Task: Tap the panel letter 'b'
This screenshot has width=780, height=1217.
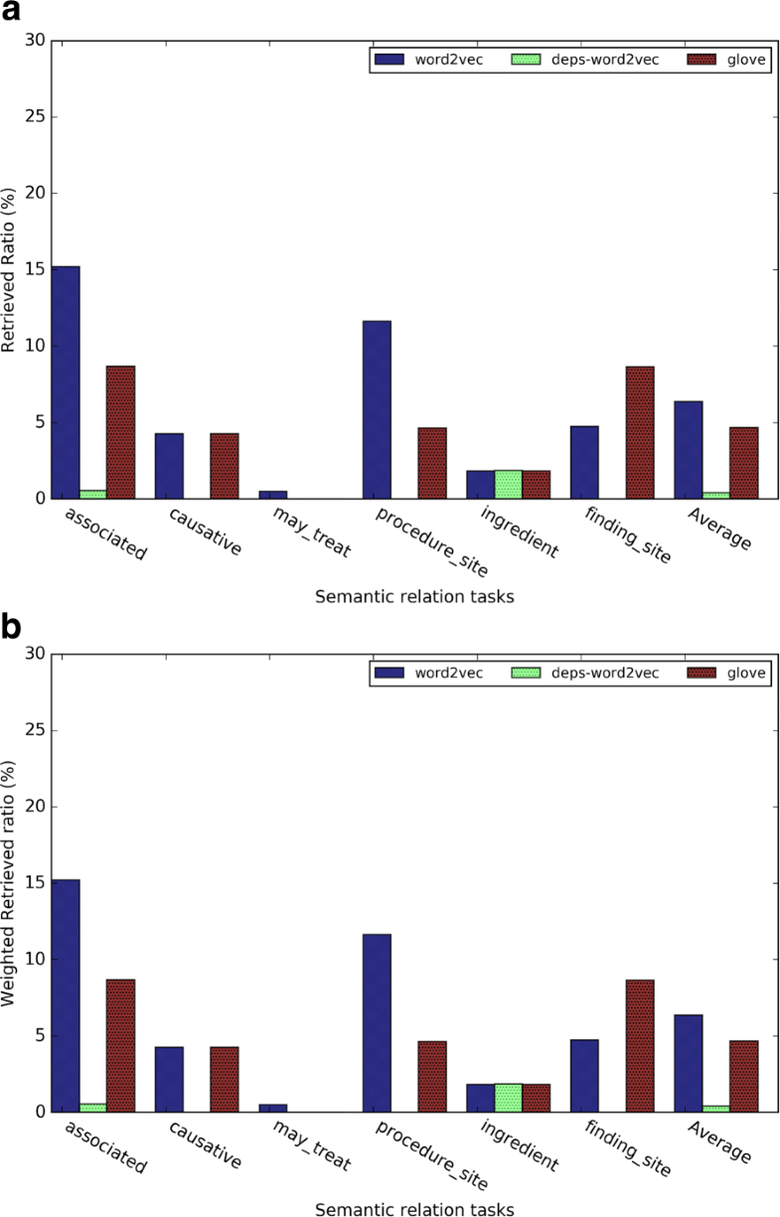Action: point(12,628)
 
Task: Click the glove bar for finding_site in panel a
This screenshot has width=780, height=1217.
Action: point(640,432)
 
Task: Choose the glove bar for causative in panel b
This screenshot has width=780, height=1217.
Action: point(225,1079)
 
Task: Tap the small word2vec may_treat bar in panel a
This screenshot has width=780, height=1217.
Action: point(273,495)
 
